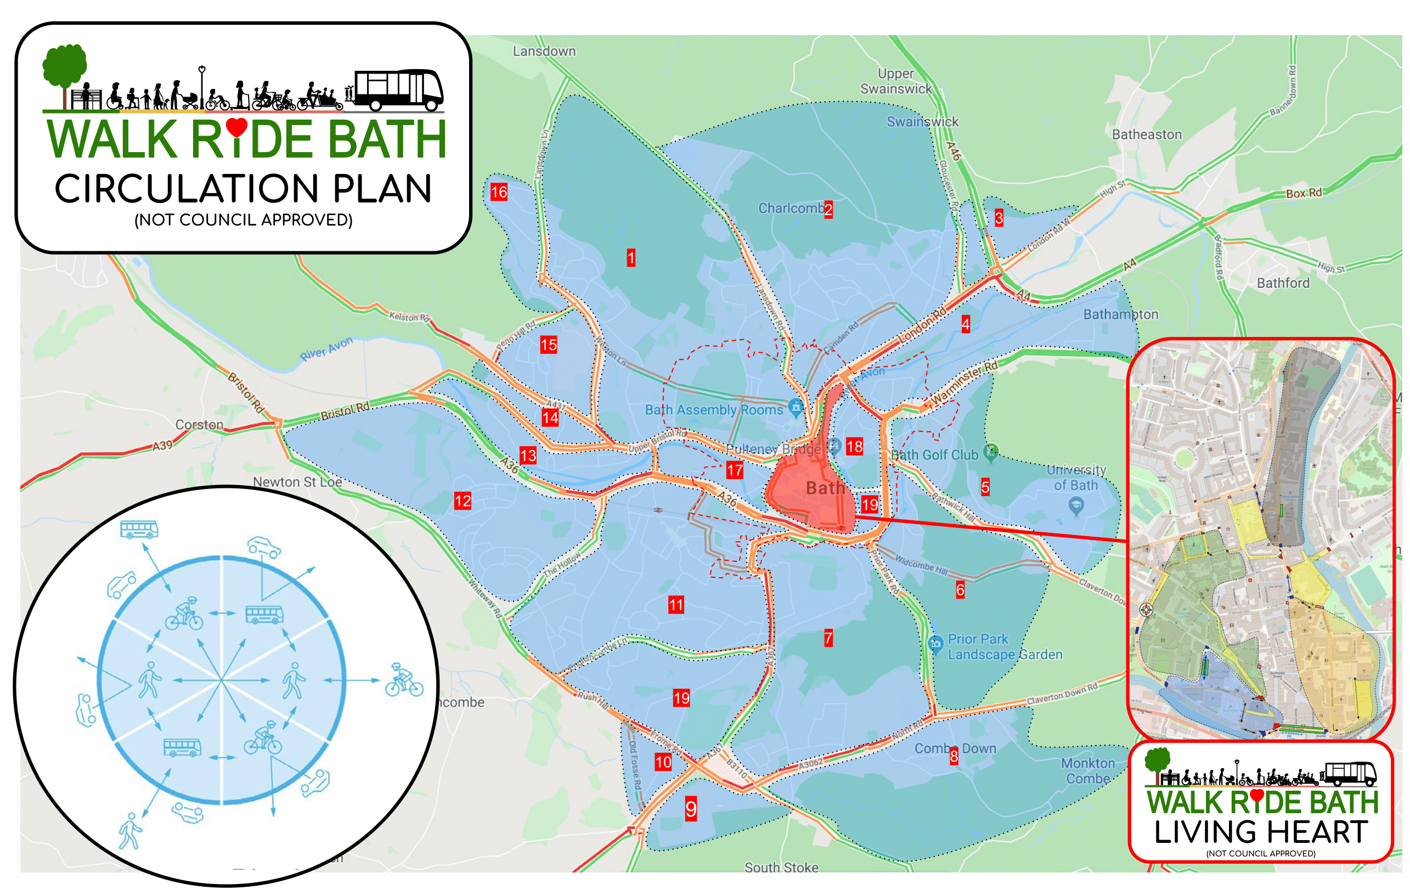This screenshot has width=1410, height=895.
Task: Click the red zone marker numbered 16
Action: [499, 192]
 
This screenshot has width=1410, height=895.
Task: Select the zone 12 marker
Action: [463, 501]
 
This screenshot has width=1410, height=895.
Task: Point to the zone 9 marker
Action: [691, 809]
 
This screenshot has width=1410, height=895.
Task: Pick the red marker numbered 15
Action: [549, 345]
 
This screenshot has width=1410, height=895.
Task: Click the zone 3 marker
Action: [999, 218]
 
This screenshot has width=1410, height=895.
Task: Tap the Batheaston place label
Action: [1147, 135]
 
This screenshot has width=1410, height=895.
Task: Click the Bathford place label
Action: [1283, 284]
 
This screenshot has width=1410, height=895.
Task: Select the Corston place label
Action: [199, 425]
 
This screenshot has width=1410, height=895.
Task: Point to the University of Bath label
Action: [1076, 477]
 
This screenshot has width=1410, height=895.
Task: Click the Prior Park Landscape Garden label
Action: [1004, 646]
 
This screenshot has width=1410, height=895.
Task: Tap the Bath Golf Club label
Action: [934, 455]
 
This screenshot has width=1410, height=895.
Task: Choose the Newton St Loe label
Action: [297, 482]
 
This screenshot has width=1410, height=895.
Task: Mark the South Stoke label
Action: [781, 867]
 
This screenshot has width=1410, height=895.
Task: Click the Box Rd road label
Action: [1304, 193]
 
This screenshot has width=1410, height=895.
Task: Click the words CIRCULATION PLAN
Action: [243, 189]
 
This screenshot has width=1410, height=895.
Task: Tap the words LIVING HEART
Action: [1261, 832]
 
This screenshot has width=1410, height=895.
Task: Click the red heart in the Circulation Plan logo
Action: [236, 127]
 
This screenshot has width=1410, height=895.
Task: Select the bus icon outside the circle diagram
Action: [139, 529]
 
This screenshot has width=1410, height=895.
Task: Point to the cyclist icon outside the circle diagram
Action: [404, 680]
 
